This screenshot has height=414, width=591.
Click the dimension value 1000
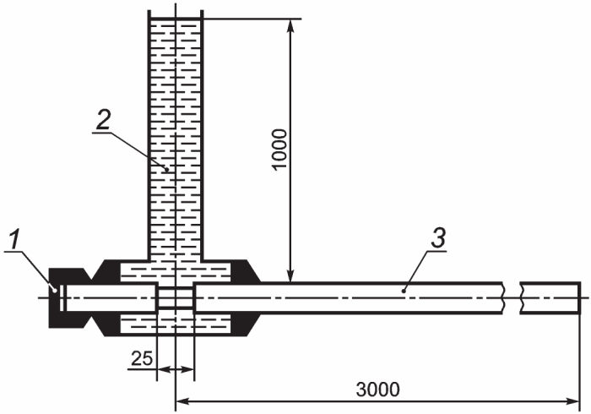coord(280,150)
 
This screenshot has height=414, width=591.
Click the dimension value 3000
coord(377,389)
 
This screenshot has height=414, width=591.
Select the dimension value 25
coord(142,358)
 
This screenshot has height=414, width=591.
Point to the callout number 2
coord(103,119)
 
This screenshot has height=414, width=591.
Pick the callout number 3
coord(438,237)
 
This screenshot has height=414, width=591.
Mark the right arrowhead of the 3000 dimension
coord(573,401)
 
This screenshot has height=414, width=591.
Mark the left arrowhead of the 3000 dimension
coord(182,401)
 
